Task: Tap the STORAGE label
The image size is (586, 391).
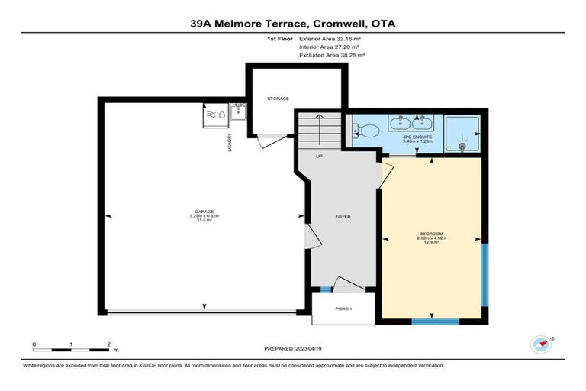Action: [278, 99]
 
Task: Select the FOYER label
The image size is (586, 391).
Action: [343, 217]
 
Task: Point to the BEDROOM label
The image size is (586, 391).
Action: [432, 233]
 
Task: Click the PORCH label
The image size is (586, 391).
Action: [343, 309]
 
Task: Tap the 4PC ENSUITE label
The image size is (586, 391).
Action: [411, 138]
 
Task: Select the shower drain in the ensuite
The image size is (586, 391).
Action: [462, 144]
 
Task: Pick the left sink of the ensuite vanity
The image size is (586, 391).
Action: [400, 123]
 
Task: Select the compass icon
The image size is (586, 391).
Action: [543, 344]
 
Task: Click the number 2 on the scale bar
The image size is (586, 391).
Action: [108, 345]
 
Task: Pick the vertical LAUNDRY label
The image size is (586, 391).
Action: [230, 142]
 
